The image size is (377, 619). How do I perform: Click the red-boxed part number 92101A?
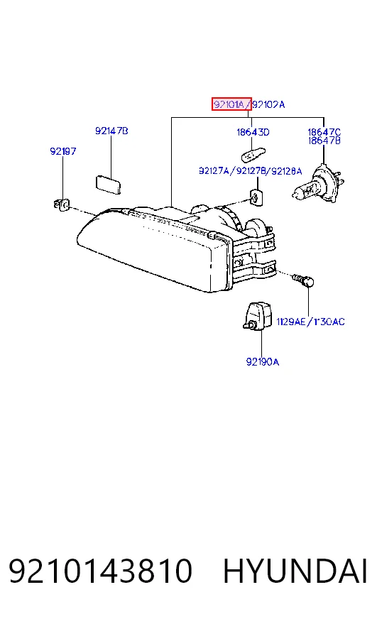click(x=231, y=104)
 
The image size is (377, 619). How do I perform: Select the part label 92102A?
click(x=268, y=104)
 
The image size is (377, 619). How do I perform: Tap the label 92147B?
click(x=111, y=131)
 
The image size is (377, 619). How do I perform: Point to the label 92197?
click(x=62, y=151)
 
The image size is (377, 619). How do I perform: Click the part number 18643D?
click(x=253, y=132)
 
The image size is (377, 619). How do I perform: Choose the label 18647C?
click(x=324, y=132)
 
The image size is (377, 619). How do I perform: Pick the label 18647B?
click(x=324, y=141)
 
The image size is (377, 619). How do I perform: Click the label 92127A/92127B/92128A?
click(x=251, y=171)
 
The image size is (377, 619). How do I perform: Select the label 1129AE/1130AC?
click(x=310, y=322)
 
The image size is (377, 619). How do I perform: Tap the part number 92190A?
click(x=262, y=361)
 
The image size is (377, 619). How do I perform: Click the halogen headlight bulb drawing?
click(x=318, y=185)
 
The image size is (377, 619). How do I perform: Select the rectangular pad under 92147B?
click(x=109, y=185)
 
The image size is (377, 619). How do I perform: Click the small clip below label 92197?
click(x=61, y=204)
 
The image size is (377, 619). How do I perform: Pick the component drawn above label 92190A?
click(x=258, y=316)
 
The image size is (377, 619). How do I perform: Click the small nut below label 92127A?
click(x=256, y=197)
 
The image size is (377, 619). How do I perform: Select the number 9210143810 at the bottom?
click(x=100, y=571)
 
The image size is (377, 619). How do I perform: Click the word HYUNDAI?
click(x=295, y=571)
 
